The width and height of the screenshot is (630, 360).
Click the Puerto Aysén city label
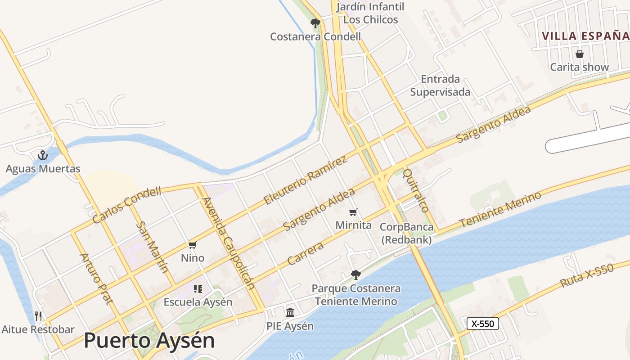(x=149, y=341)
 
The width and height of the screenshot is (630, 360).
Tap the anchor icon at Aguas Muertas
(x=43, y=156)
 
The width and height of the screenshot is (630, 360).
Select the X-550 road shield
(x=483, y=324)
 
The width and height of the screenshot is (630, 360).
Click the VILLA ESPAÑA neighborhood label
(x=585, y=36)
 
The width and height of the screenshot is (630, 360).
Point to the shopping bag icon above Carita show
(x=580, y=54)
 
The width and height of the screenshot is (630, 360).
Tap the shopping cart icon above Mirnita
(x=353, y=212)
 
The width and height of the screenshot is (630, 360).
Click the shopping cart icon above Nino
(x=193, y=245)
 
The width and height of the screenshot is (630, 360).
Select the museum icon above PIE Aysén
(x=290, y=312)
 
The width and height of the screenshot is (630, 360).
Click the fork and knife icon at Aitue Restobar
(x=38, y=316)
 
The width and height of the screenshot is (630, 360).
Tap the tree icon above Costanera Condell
(x=315, y=23)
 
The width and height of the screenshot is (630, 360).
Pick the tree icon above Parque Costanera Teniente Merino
(x=356, y=274)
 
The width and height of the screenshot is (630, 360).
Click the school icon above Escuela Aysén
(x=198, y=289)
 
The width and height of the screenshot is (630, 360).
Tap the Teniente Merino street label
(x=500, y=210)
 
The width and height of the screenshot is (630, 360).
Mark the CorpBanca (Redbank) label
(x=407, y=233)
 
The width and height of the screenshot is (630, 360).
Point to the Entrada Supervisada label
(x=440, y=85)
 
